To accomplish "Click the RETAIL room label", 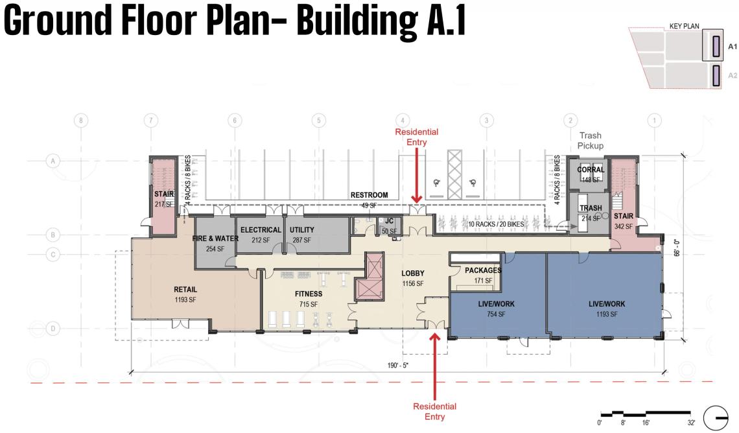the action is point(185,289).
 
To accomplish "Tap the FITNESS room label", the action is point(309,294).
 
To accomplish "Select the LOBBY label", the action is point(413,274).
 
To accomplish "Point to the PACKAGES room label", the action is point(483,270).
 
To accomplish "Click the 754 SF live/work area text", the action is point(496,314).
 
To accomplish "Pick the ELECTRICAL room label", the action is point(261,230).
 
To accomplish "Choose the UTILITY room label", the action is point(301,230).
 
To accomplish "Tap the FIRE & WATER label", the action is point(215,239).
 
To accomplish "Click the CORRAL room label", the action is point(591,170).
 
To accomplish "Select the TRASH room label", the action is point(591,208).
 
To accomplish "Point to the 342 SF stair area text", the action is point(623,227).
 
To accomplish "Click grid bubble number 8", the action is point(81,121).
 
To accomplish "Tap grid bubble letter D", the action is point(53,329).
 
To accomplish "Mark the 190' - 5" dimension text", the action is point(398,365).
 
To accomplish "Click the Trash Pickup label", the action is point(591,141).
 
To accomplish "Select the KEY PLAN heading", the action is point(685,26).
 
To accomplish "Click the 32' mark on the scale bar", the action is point(692,423).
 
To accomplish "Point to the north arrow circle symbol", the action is point(716,418).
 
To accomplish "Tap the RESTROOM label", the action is point(369,195).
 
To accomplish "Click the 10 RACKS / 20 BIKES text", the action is point(496,224).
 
